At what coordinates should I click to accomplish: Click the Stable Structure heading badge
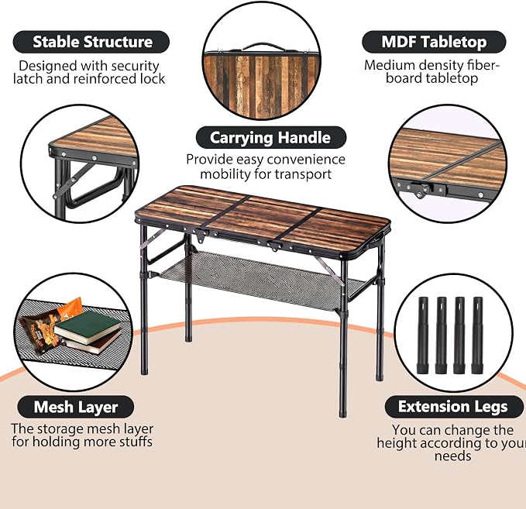pos(91,42)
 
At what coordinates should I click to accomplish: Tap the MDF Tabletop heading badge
pos(434,42)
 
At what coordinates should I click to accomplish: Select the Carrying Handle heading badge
pos(270,138)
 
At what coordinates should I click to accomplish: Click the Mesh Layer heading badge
pos(75,407)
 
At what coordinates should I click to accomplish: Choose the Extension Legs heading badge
pos(453,407)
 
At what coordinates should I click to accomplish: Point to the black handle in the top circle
pos(262,46)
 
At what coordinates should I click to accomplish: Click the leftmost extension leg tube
pos(423,335)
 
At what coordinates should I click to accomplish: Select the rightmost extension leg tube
pos(477,335)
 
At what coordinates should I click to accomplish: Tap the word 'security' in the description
pos(136,67)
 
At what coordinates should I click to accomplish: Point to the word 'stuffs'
pos(136,442)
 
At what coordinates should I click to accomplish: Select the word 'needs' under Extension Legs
pos(452,456)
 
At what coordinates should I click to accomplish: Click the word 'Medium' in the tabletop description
pos(386,65)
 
